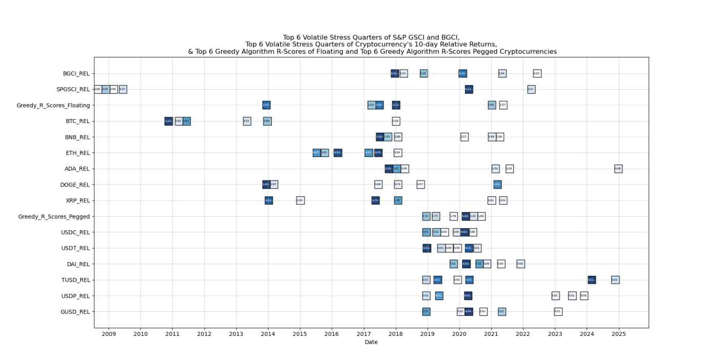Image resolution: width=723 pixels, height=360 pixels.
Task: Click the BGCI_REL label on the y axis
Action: point(76,73)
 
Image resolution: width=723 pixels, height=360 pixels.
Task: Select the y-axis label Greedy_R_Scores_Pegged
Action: point(54,216)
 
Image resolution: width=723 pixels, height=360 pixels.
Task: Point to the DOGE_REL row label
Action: point(75,185)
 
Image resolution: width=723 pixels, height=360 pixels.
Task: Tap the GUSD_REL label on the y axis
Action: point(75,312)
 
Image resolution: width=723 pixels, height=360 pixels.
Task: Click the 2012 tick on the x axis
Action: point(204,334)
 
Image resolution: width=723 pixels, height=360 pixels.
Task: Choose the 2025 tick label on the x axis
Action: point(618,334)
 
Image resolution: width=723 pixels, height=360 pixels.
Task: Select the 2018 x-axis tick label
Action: point(395,334)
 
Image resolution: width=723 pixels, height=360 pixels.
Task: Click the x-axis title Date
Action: point(371,342)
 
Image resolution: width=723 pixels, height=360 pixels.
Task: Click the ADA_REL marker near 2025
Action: point(618,169)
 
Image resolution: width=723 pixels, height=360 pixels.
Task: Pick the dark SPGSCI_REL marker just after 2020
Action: point(469,89)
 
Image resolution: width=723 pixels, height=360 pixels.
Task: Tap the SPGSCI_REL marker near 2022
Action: point(531,89)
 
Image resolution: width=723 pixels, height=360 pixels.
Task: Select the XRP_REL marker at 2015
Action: point(300,201)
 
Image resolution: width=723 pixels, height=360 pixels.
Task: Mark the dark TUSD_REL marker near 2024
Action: point(591,280)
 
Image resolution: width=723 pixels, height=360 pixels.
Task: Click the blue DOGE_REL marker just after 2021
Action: point(497,185)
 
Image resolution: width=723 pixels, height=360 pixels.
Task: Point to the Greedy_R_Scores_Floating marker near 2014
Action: point(266,105)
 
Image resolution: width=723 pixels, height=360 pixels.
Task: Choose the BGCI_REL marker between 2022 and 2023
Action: point(537,73)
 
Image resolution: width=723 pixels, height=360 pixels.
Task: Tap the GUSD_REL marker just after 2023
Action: point(558,312)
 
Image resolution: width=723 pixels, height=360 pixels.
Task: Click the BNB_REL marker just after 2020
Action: point(464,137)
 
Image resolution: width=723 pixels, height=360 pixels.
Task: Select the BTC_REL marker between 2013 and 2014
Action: point(247,121)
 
